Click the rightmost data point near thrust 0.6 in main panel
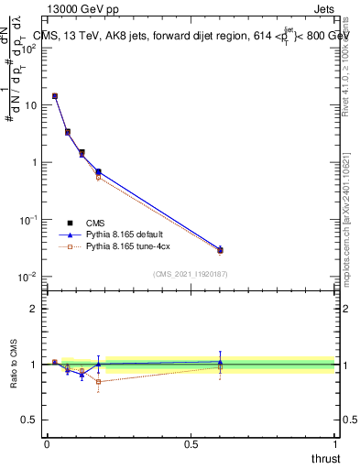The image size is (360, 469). [220, 250]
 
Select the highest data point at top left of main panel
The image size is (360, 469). [55, 95]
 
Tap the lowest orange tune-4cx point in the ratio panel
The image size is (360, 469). [98, 381]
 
